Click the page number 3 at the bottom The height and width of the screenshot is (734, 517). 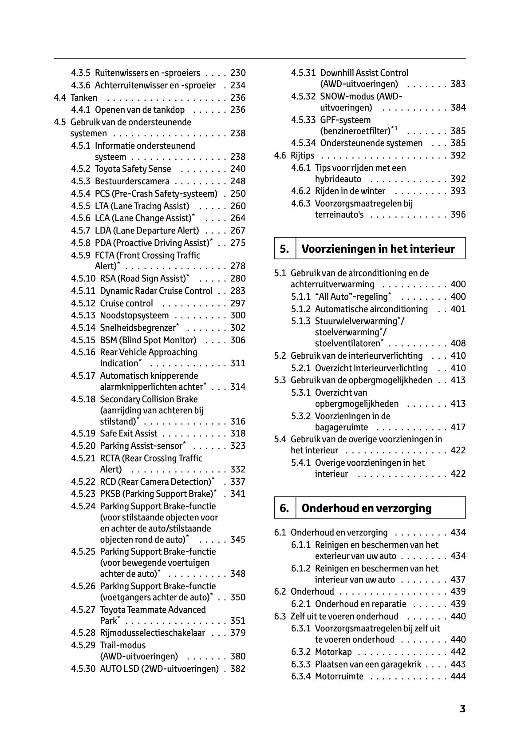(462, 709)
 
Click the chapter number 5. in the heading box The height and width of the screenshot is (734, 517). (284, 249)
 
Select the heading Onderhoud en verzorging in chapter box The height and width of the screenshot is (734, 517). (366, 508)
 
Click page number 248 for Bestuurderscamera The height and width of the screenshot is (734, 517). (238, 181)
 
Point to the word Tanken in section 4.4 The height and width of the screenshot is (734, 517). (84, 98)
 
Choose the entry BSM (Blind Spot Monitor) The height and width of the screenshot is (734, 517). (148, 340)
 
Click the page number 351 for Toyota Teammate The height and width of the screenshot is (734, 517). (238, 621)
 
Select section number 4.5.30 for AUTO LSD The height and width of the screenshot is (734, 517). (83, 669)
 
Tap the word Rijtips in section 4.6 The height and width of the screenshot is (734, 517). (302, 155)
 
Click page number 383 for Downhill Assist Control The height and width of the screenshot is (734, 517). (458, 84)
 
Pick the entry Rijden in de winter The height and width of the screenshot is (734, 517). (350, 191)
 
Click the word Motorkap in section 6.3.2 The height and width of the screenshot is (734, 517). (333, 652)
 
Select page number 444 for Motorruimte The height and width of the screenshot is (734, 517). (458, 676)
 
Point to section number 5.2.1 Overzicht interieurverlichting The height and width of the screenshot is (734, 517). (301, 368)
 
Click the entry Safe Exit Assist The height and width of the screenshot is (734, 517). (129, 433)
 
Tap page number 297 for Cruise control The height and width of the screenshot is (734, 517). (238, 303)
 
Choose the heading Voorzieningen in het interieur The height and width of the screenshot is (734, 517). (378, 249)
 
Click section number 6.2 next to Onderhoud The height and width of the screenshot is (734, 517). (280, 591)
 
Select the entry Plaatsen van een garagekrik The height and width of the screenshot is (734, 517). (368, 664)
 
